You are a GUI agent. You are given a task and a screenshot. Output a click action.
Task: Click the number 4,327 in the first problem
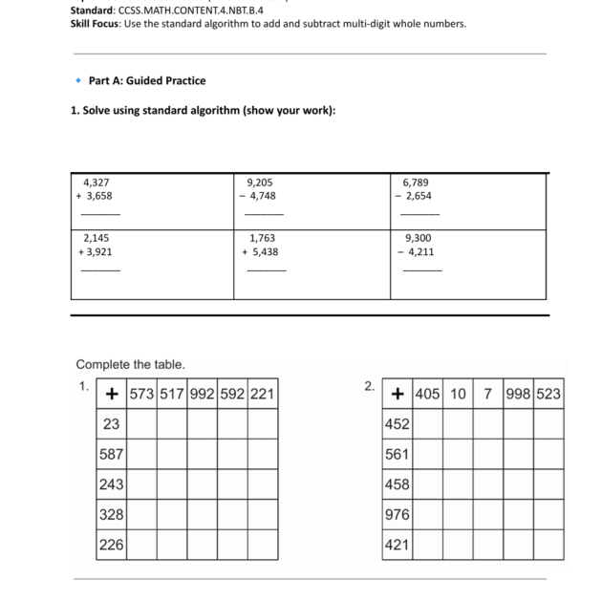click(x=97, y=181)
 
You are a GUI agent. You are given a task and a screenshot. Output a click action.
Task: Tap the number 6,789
click(x=418, y=181)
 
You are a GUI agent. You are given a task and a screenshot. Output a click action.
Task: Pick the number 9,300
click(x=418, y=237)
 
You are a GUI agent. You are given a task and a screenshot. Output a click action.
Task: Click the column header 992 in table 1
click(x=202, y=394)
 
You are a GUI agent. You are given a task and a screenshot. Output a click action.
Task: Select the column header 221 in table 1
click(x=263, y=394)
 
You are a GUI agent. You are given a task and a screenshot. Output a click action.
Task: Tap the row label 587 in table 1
click(x=112, y=454)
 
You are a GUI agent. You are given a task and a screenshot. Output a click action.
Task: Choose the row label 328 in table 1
click(x=112, y=514)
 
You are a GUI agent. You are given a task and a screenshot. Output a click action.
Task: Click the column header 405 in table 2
click(x=428, y=394)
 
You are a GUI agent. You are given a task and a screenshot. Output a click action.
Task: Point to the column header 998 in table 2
click(x=519, y=394)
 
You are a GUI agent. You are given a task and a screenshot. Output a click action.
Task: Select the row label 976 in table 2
click(x=397, y=514)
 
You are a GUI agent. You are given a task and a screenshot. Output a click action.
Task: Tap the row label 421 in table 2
click(x=397, y=545)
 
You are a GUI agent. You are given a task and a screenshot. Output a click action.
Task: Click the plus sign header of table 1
click(x=112, y=394)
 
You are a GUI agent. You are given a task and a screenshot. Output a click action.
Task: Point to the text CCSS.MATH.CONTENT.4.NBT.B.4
click(x=191, y=11)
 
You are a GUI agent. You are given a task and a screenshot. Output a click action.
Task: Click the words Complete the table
click(x=130, y=364)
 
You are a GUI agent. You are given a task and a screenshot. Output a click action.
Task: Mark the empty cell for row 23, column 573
click(x=141, y=423)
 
